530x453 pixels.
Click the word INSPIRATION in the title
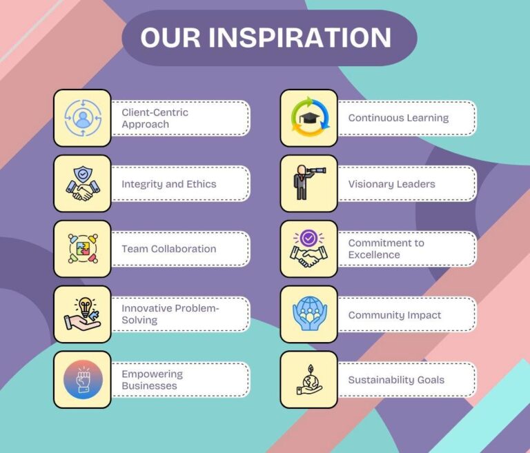[x=300, y=37]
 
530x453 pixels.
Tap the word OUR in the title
[x=170, y=37]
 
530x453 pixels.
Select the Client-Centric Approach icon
[x=83, y=118]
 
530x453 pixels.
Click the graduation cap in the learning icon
[x=309, y=118]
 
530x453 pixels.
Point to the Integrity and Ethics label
[x=169, y=184]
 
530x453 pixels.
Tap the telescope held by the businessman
[x=315, y=170]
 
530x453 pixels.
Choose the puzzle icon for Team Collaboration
[x=83, y=249]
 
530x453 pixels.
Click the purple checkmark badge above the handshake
[x=308, y=239]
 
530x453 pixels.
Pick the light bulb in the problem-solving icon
[x=85, y=305]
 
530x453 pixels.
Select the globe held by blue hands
[x=310, y=308]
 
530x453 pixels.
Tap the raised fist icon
[x=83, y=380]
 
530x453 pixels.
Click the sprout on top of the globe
[x=311, y=369]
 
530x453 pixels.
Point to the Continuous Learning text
[x=398, y=118]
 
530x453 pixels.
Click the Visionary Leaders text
[x=392, y=184]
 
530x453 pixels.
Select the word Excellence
[x=374, y=254]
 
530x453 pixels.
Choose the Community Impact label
[x=395, y=315]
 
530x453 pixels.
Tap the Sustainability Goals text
[x=397, y=380]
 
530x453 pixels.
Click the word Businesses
[x=149, y=386]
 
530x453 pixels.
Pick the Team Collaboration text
[x=169, y=249]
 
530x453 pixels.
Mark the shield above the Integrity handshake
[x=83, y=174]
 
